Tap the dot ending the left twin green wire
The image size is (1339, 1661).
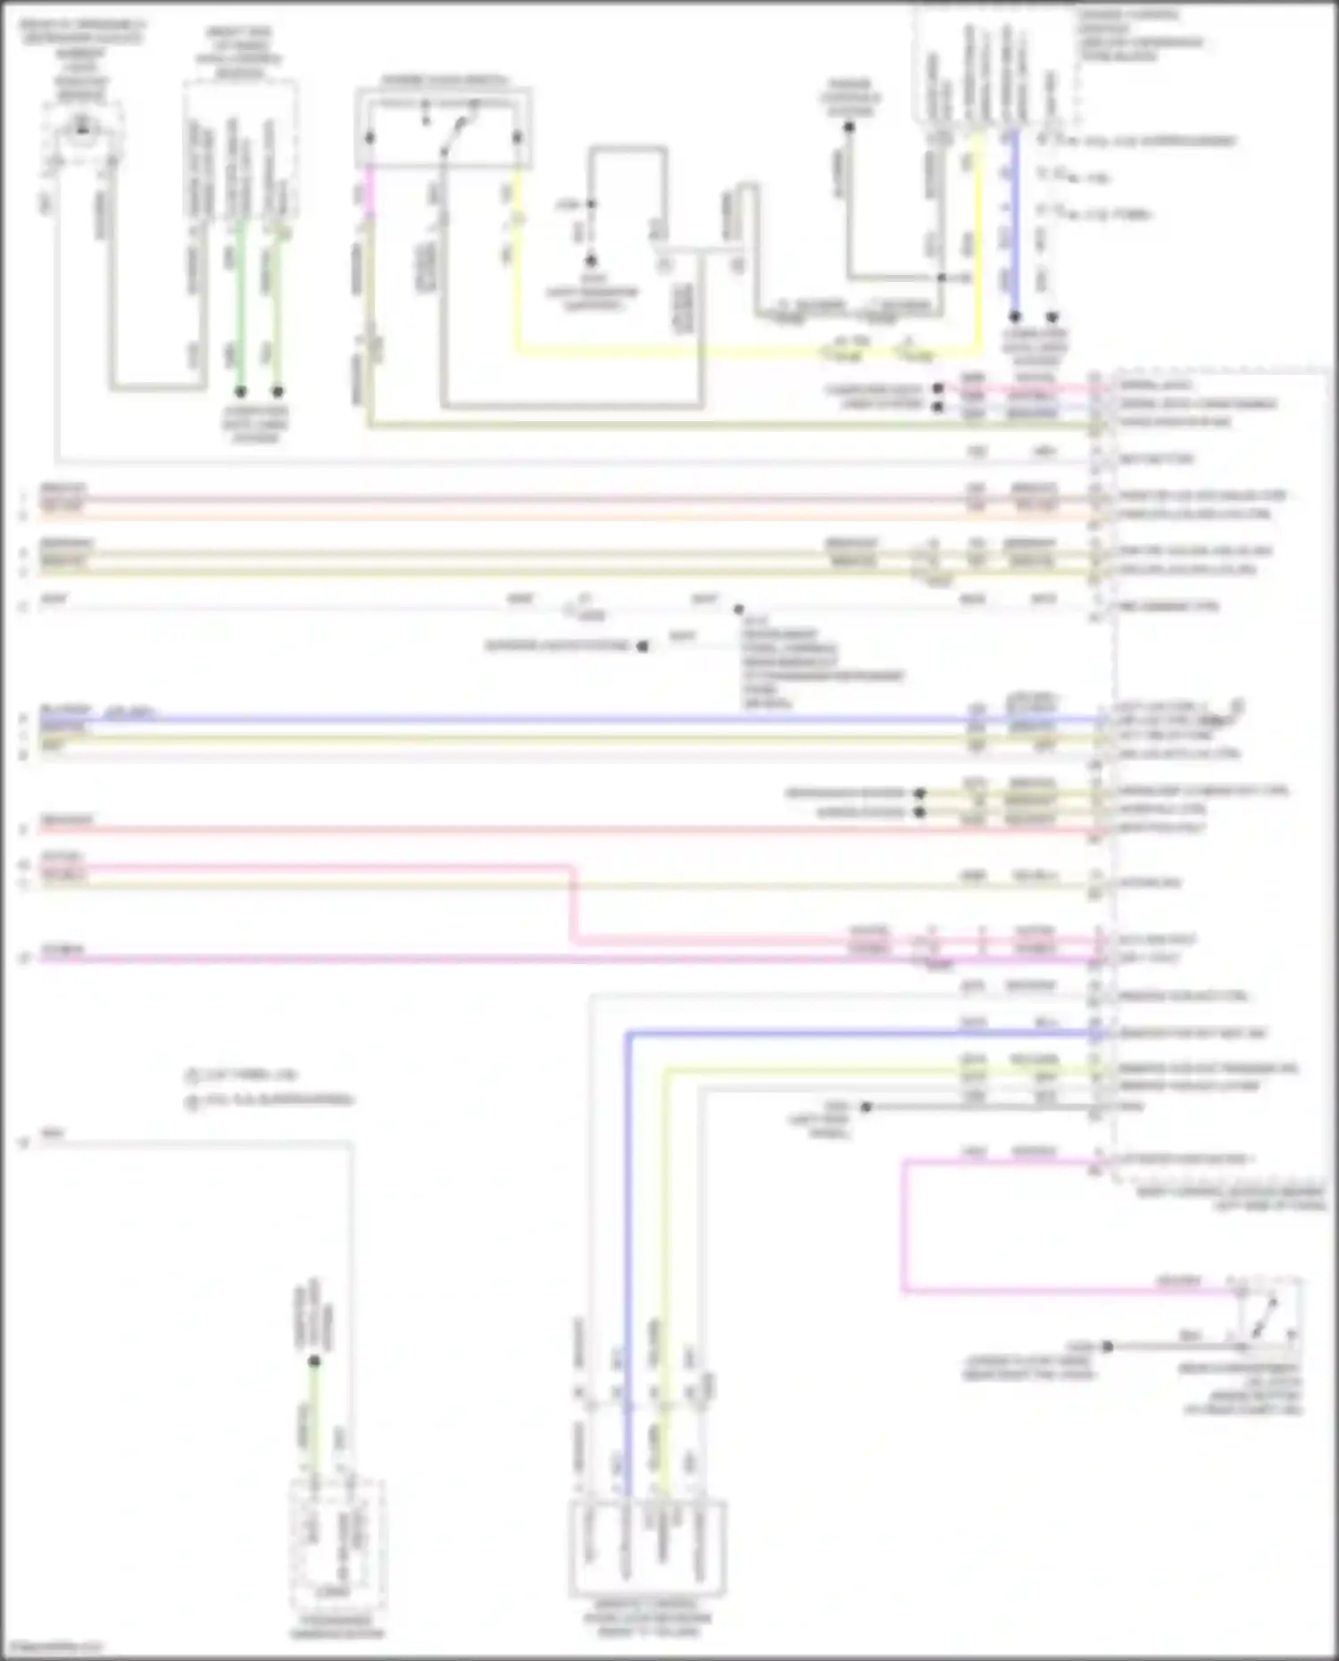point(240,391)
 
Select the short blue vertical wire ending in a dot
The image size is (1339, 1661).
point(1013,223)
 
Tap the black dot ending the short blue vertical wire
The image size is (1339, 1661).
point(1014,316)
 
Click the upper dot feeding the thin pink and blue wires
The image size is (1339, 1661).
point(938,389)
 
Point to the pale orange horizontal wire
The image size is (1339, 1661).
point(536,516)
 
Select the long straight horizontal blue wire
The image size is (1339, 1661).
point(536,719)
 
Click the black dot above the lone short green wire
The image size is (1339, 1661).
point(314,1361)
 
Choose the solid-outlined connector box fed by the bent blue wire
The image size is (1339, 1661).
point(647,1549)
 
